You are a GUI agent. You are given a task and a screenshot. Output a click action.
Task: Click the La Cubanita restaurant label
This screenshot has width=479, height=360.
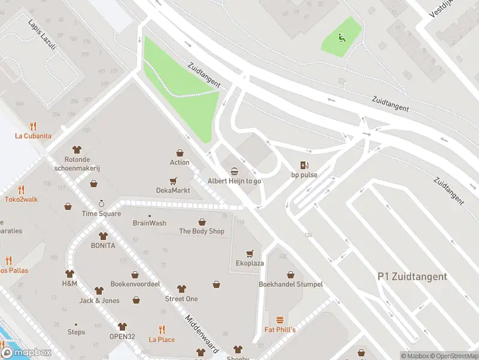pyautogui.click(x=33, y=136)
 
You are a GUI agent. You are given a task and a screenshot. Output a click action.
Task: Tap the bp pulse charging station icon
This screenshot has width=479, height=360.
pyautogui.click(x=304, y=165)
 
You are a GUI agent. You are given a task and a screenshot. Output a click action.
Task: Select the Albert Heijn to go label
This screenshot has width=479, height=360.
pyautogui.click(x=234, y=181)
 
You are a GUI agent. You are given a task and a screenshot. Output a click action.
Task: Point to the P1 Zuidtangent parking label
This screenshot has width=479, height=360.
pyautogui.click(x=412, y=277)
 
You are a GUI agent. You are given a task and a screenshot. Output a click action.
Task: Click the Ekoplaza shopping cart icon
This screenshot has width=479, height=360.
pyautogui.click(x=250, y=253)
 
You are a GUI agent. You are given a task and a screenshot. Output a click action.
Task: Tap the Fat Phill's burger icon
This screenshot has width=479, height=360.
pyautogui.click(x=280, y=320)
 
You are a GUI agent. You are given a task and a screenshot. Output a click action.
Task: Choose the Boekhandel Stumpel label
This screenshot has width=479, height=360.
pyautogui.click(x=290, y=284)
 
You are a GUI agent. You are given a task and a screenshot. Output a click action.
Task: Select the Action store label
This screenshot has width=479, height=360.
pyautogui.click(x=180, y=163)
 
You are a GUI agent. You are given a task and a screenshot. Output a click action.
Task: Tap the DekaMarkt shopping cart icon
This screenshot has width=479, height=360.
pyautogui.click(x=173, y=181)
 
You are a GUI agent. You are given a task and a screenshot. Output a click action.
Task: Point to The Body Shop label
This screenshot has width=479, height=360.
pyautogui.click(x=202, y=231)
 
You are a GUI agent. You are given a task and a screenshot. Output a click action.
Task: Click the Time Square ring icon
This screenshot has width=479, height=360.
pyautogui.click(x=101, y=204)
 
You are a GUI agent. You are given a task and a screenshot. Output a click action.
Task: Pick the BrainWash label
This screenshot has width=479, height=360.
pyautogui.click(x=150, y=223)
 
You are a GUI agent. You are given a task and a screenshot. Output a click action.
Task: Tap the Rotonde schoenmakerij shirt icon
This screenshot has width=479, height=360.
pyautogui.click(x=77, y=149)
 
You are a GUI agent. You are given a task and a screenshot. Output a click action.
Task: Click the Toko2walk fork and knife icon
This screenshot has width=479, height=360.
pyautogui.click(x=21, y=189)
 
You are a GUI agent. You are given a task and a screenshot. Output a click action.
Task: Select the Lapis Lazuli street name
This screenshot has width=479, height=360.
pyautogui.click(x=41, y=35)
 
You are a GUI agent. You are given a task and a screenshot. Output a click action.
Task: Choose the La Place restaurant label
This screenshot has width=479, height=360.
pyautogui.click(x=162, y=340)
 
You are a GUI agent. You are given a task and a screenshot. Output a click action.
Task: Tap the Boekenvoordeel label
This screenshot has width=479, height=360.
pyautogui.click(x=135, y=284)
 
